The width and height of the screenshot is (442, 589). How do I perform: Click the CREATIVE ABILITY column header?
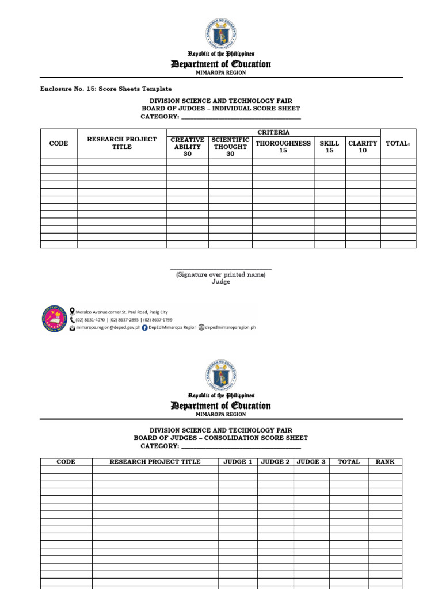tap(187, 147)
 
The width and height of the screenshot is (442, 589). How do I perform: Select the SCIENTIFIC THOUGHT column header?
tap(230, 147)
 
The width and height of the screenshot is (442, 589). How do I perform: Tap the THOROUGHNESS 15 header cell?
tap(283, 147)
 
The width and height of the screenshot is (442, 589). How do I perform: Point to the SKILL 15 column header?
tap(329, 147)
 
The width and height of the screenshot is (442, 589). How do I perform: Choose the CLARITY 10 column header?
tap(363, 147)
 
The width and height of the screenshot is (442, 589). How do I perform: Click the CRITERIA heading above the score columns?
tap(273, 132)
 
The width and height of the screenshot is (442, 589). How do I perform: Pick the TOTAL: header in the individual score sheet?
tap(398, 143)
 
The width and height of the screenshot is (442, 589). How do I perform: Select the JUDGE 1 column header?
tap(238, 462)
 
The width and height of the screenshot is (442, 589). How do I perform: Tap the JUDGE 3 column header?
tap(311, 462)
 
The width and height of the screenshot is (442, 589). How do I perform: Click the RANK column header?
tap(385, 462)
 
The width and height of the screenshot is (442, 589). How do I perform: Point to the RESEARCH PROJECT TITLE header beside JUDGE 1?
tap(155, 462)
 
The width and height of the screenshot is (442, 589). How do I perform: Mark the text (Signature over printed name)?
tap(221, 275)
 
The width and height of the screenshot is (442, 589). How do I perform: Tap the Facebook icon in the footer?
tap(144, 327)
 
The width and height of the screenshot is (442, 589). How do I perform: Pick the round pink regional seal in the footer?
tap(55, 319)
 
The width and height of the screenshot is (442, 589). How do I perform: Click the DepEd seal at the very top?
tap(220, 33)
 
